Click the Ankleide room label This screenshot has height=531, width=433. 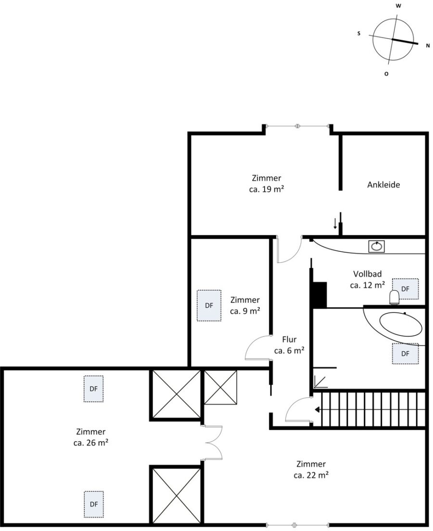[383, 185]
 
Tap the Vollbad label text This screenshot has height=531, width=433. [368, 273]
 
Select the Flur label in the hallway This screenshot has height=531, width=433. [289, 339]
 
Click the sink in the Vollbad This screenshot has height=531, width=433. [376, 246]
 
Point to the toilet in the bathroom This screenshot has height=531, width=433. [395, 297]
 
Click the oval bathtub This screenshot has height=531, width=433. [401, 324]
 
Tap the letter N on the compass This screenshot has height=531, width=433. [428, 46]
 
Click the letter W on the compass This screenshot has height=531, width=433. [399, 6]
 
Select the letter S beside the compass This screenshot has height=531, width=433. [359, 34]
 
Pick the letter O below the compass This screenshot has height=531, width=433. [386, 74]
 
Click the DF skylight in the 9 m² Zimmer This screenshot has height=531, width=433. [209, 306]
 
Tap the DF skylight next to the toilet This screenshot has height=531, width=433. [405, 289]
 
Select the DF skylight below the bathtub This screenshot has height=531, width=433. [405, 354]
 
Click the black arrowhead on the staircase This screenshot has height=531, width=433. [318, 410]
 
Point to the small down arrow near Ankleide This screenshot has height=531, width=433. [335, 224]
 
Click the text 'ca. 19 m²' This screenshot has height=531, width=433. [266, 189]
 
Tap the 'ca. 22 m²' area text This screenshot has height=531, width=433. [311, 475]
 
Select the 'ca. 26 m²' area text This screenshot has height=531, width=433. [91, 443]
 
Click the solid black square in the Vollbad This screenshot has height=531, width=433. [319, 295]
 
